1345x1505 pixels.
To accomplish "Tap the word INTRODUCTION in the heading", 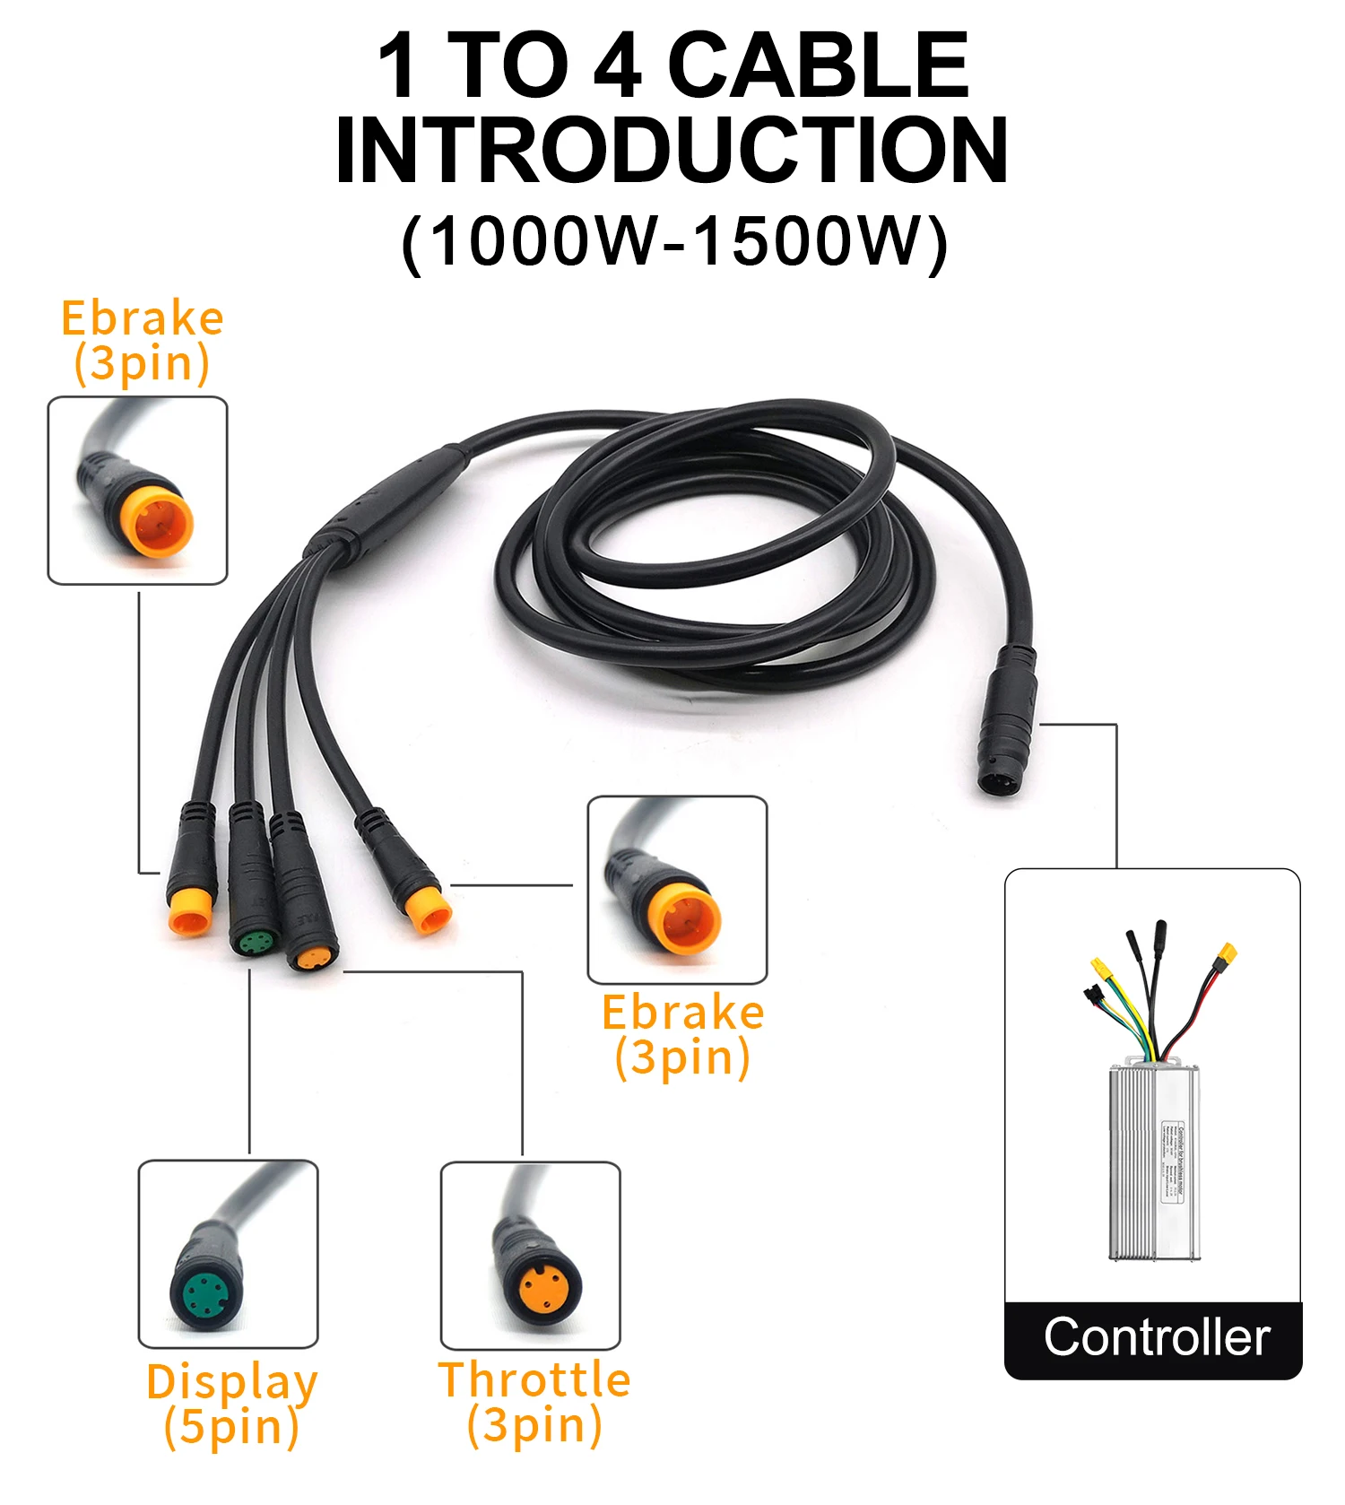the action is [x=672, y=151].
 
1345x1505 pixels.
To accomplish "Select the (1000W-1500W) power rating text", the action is [x=674, y=242].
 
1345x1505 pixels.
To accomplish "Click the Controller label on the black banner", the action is [x=1157, y=1337].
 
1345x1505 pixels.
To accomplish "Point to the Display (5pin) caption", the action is [x=231, y=1404].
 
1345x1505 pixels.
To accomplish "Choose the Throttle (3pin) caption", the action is [x=534, y=1402].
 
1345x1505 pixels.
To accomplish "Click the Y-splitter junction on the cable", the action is [x=386, y=502].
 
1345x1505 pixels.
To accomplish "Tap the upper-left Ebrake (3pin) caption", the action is [x=142, y=341].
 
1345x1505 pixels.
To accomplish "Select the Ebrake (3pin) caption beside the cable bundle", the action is [x=682, y=1035].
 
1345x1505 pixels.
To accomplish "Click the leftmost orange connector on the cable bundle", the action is [x=191, y=913].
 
